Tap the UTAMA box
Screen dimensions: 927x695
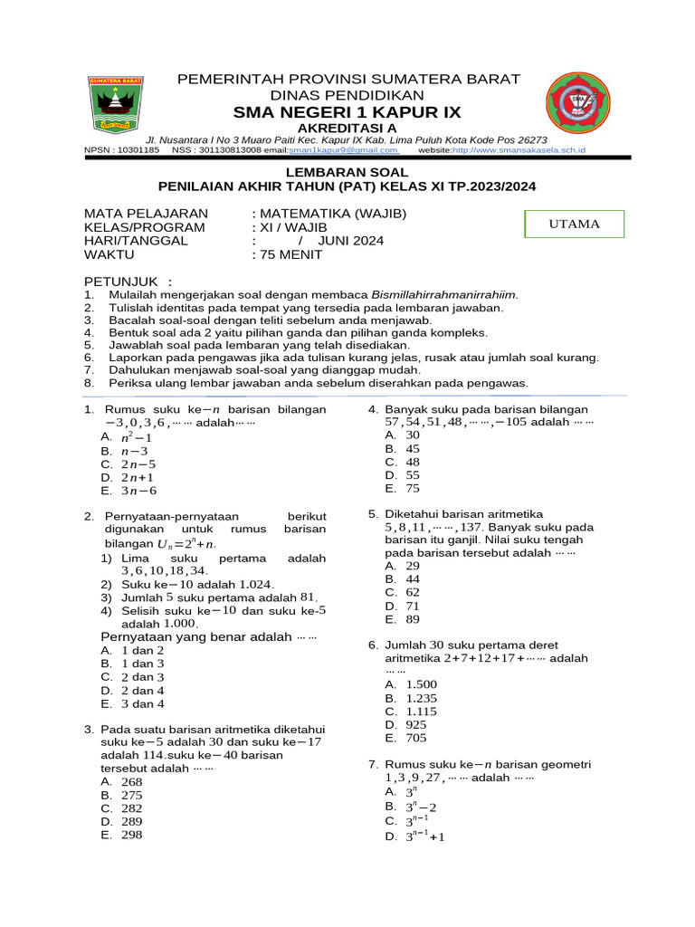[575, 224]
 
